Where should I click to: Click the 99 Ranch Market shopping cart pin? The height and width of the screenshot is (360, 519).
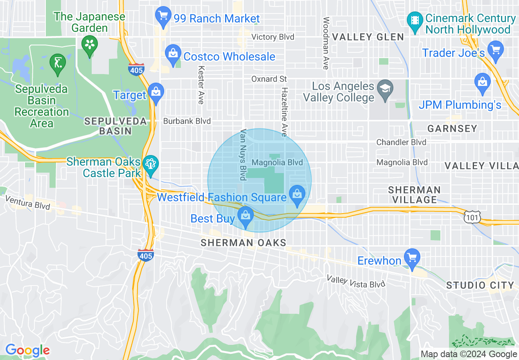pyautogui.click(x=163, y=16)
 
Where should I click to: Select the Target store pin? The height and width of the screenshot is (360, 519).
pyautogui.click(x=156, y=92)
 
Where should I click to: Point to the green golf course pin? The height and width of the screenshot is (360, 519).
pyautogui.click(x=57, y=63)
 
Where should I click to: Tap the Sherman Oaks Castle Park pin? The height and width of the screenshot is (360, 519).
pyautogui.click(x=151, y=165)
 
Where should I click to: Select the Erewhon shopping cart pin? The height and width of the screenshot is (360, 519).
pyautogui.click(x=412, y=258)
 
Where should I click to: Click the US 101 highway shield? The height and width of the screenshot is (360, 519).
pyautogui.click(x=472, y=217)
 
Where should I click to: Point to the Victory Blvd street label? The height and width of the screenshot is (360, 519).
pyautogui.click(x=273, y=37)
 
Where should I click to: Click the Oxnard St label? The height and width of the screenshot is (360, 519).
pyautogui.click(x=269, y=79)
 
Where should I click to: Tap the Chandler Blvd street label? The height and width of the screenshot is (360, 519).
pyautogui.click(x=401, y=142)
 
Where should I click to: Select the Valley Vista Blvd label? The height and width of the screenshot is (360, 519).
pyautogui.click(x=356, y=281)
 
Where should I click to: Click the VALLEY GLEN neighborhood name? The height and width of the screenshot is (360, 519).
pyautogui.click(x=368, y=37)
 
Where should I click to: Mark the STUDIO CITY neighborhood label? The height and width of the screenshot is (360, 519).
pyautogui.click(x=480, y=285)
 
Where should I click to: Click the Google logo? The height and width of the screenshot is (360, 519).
pyautogui.click(x=27, y=351)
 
